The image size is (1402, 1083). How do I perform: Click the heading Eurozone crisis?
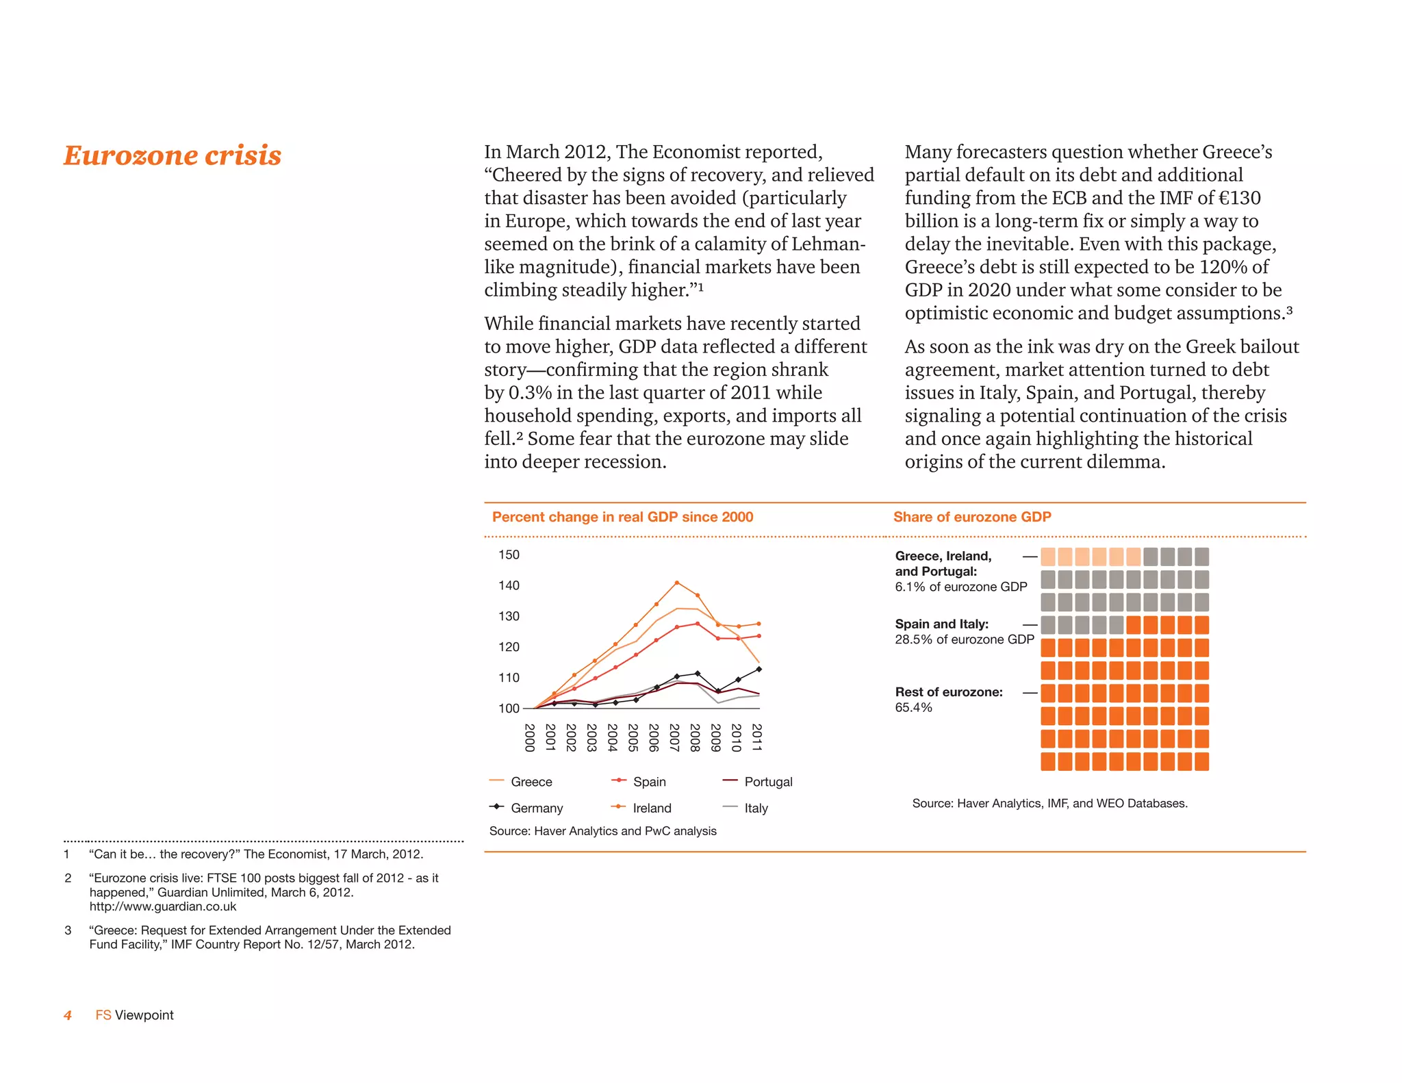173,155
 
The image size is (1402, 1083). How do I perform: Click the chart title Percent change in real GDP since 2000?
622,517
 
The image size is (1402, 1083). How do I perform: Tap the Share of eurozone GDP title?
971,517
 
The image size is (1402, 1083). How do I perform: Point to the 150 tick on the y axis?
509,555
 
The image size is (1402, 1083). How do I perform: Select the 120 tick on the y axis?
509,647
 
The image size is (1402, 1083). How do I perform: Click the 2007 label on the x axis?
674,737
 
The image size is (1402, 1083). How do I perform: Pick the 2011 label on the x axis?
756,737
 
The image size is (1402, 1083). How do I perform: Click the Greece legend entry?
531,782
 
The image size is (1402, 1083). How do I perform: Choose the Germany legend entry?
536,808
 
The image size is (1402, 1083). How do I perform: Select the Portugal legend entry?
767,782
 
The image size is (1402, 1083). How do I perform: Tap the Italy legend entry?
756,808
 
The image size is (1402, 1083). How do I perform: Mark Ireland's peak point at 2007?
676,583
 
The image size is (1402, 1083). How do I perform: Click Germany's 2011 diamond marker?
759,669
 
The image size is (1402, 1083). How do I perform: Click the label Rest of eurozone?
949,692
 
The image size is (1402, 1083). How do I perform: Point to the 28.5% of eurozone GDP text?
964,639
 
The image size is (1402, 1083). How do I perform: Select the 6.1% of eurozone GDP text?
960,587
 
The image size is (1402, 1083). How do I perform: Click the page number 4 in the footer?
68,1015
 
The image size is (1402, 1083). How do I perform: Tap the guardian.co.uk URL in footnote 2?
163,906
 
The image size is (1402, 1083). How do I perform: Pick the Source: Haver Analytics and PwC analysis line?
602,830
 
